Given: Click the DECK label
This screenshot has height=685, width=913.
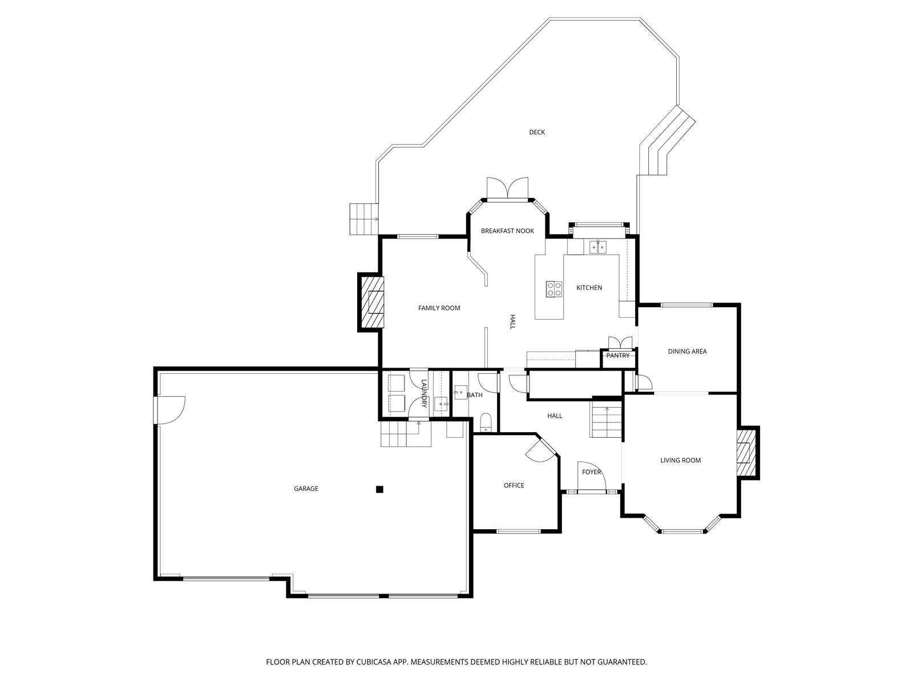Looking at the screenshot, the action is click(536, 132).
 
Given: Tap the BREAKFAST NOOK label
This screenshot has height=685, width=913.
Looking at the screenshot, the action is click(507, 231).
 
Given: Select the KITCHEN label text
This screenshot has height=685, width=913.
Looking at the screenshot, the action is click(589, 288).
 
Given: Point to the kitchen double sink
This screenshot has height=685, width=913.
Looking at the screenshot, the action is click(597, 247).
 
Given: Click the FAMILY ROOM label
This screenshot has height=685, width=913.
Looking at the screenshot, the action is click(439, 308).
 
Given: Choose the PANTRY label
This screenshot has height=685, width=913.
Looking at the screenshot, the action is click(617, 356).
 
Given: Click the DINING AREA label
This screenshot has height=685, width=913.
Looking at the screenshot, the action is click(687, 352).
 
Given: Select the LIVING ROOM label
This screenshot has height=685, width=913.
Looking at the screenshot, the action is click(681, 461).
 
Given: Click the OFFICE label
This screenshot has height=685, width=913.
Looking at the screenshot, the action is click(514, 485).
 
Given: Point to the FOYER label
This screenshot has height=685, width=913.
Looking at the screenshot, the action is click(591, 472).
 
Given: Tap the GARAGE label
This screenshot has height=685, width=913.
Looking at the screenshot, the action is click(306, 489).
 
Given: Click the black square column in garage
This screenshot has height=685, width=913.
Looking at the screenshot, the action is click(379, 490).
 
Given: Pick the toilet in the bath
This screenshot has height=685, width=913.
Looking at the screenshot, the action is click(486, 422).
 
